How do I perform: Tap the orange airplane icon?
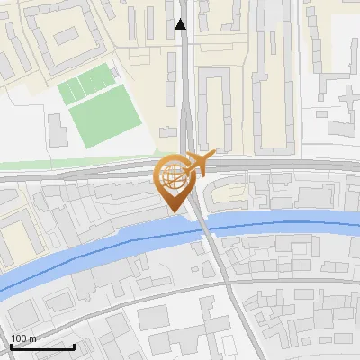coord(198,164)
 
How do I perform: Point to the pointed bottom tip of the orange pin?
coord(172,212)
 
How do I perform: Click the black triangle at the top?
coord(182,24)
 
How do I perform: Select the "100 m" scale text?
coord(22,338)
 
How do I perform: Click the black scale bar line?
coord(42,346)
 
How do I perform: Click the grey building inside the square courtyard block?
coord(67,37)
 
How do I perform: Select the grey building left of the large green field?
coord(56,131)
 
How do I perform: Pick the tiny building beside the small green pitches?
coord(117,74)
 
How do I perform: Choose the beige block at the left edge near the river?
coord(16,241)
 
